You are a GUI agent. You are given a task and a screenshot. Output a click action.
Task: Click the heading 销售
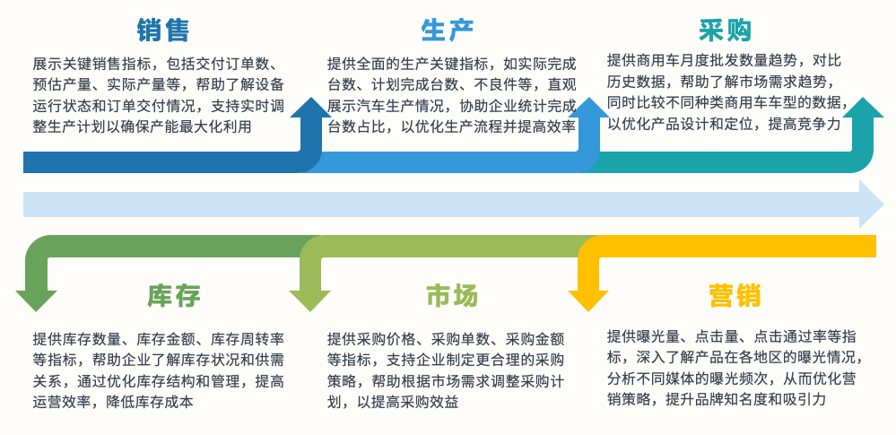[163, 30]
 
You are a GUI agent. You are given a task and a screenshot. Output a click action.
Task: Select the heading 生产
[448, 30]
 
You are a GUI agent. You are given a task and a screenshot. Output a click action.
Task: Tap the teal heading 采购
[726, 30]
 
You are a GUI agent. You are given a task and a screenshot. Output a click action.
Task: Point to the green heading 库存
[174, 296]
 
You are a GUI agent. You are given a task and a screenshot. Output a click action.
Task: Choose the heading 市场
[451, 296]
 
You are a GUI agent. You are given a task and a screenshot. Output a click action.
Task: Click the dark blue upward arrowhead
[311, 107]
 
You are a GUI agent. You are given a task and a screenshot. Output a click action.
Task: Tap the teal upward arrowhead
[863, 107]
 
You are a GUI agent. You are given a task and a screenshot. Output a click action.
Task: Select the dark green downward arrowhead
[37, 301]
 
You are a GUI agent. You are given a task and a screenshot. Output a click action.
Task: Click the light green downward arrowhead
[309, 301]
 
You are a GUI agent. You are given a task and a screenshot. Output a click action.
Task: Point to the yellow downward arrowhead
[588, 301]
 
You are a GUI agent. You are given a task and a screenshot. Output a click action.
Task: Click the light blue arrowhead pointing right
[872, 204]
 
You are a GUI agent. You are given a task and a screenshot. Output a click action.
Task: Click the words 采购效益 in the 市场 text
[430, 402]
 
